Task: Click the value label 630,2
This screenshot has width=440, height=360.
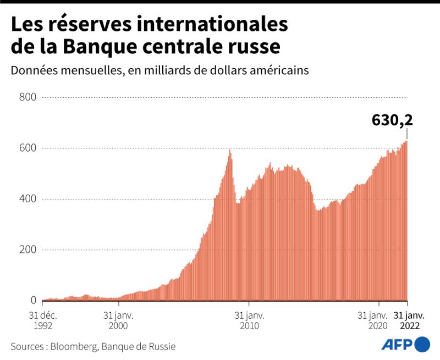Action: (392, 120)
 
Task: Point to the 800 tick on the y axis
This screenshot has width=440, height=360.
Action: (28, 97)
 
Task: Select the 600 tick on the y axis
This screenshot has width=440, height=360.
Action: (28, 148)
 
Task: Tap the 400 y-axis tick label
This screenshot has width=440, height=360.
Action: (28, 199)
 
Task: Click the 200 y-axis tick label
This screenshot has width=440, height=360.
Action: (28, 250)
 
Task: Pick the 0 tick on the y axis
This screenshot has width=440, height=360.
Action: (33, 301)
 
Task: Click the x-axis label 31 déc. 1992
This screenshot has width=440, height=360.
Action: (43, 320)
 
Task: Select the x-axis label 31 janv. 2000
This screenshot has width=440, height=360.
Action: (118, 320)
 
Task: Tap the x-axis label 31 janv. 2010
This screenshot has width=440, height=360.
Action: (249, 320)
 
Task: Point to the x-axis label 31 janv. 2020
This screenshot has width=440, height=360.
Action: (372, 320)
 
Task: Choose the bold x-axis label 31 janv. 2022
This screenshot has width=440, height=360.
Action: (407, 320)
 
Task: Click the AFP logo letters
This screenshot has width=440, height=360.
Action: (395, 345)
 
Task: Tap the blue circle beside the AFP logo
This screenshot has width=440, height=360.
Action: (422, 345)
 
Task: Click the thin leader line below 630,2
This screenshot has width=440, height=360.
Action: (407, 134)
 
